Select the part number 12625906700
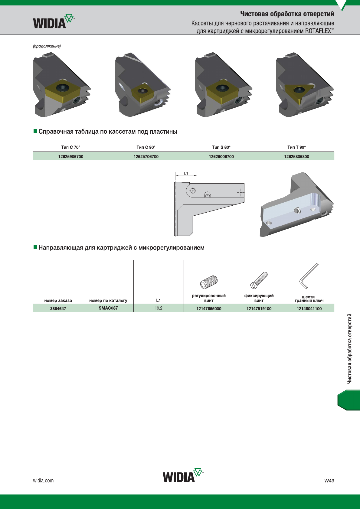tap(71, 157)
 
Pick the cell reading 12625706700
tap(146, 157)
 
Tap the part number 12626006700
tap(221, 157)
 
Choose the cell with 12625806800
tap(296, 157)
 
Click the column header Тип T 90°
tap(296, 147)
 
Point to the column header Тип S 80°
tap(221, 147)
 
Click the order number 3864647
tap(58, 308)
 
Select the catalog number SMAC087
tap(108, 308)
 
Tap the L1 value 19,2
tap(159, 308)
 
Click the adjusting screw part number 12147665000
tap(209, 308)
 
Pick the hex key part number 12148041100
tap(309, 308)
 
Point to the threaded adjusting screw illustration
tap(209, 282)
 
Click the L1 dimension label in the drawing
tap(186, 173)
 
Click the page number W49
tap(329, 480)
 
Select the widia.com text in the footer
tap(43, 480)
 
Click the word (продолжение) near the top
tap(47, 46)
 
